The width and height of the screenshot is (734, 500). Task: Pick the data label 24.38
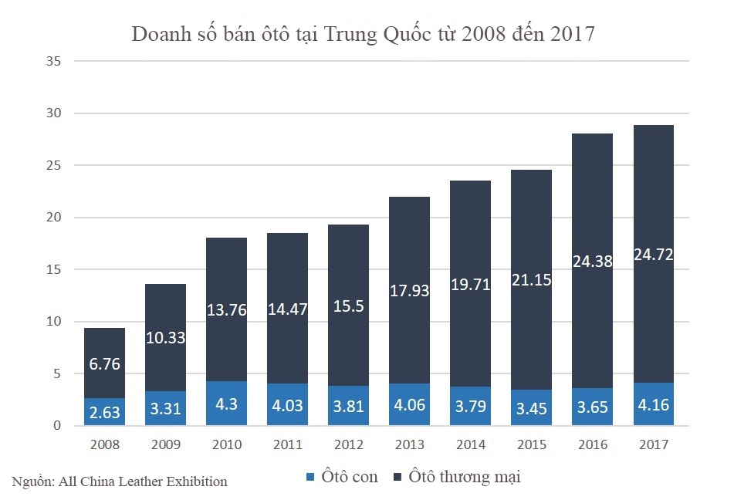(592, 262)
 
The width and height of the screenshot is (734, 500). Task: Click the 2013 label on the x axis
(409, 444)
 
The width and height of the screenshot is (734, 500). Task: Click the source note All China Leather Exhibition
(120, 481)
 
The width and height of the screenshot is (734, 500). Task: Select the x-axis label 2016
(592, 444)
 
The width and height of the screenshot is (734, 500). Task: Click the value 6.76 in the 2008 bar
(104, 363)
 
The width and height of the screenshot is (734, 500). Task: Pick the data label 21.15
(531, 280)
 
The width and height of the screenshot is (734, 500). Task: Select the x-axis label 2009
(165, 444)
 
